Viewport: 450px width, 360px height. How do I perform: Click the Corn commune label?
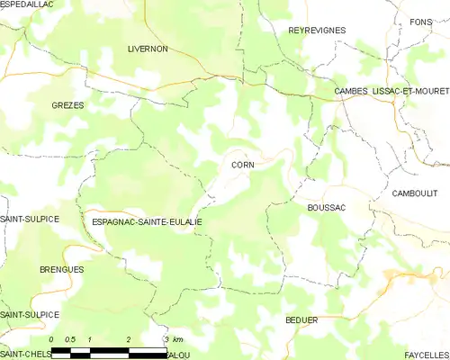(x=242, y=165)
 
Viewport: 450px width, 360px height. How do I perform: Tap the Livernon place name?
(x=148, y=49)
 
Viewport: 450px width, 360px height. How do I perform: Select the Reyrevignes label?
(x=317, y=31)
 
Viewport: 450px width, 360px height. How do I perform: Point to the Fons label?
(x=420, y=22)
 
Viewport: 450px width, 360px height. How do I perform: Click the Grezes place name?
(x=67, y=105)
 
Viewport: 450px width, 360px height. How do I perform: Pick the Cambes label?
(x=350, y=92)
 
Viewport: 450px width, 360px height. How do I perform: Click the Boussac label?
(x=327, y=208)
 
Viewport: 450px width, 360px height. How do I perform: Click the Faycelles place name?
(x=422, y=354)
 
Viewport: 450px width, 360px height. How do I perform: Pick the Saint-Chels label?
(x=25, y=354)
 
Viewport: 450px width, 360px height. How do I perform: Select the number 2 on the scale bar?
(x=130, y=338)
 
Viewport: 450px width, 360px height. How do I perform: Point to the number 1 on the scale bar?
(x=90, y=338)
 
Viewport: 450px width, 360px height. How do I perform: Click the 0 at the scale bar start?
(x=52, y=338)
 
